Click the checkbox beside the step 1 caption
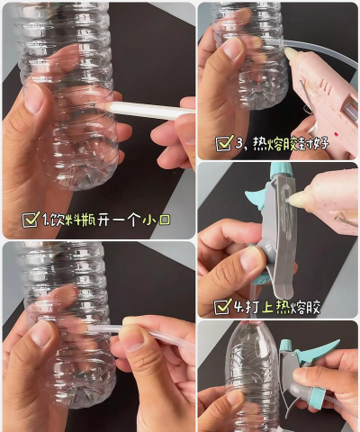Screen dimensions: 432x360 coord(30,220)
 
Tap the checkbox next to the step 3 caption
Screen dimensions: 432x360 coord(224,142)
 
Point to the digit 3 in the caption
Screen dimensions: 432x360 coord(240,142)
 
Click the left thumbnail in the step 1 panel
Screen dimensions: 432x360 coord(35,99)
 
